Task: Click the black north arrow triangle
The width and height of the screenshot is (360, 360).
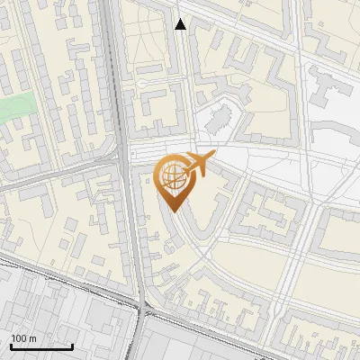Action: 181,24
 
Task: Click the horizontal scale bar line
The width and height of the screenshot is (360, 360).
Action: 41,347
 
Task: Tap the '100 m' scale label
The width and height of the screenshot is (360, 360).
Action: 24,338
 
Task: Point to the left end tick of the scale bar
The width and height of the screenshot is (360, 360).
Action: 11,346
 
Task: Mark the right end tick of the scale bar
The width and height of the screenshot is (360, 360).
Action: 72,346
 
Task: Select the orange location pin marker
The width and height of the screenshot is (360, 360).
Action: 173,181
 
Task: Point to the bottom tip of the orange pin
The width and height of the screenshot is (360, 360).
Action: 173,211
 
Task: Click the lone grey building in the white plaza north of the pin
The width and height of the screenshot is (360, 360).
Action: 216,121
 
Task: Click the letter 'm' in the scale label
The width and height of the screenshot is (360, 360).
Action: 32,338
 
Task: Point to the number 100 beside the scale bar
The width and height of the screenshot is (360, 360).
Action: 19,338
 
